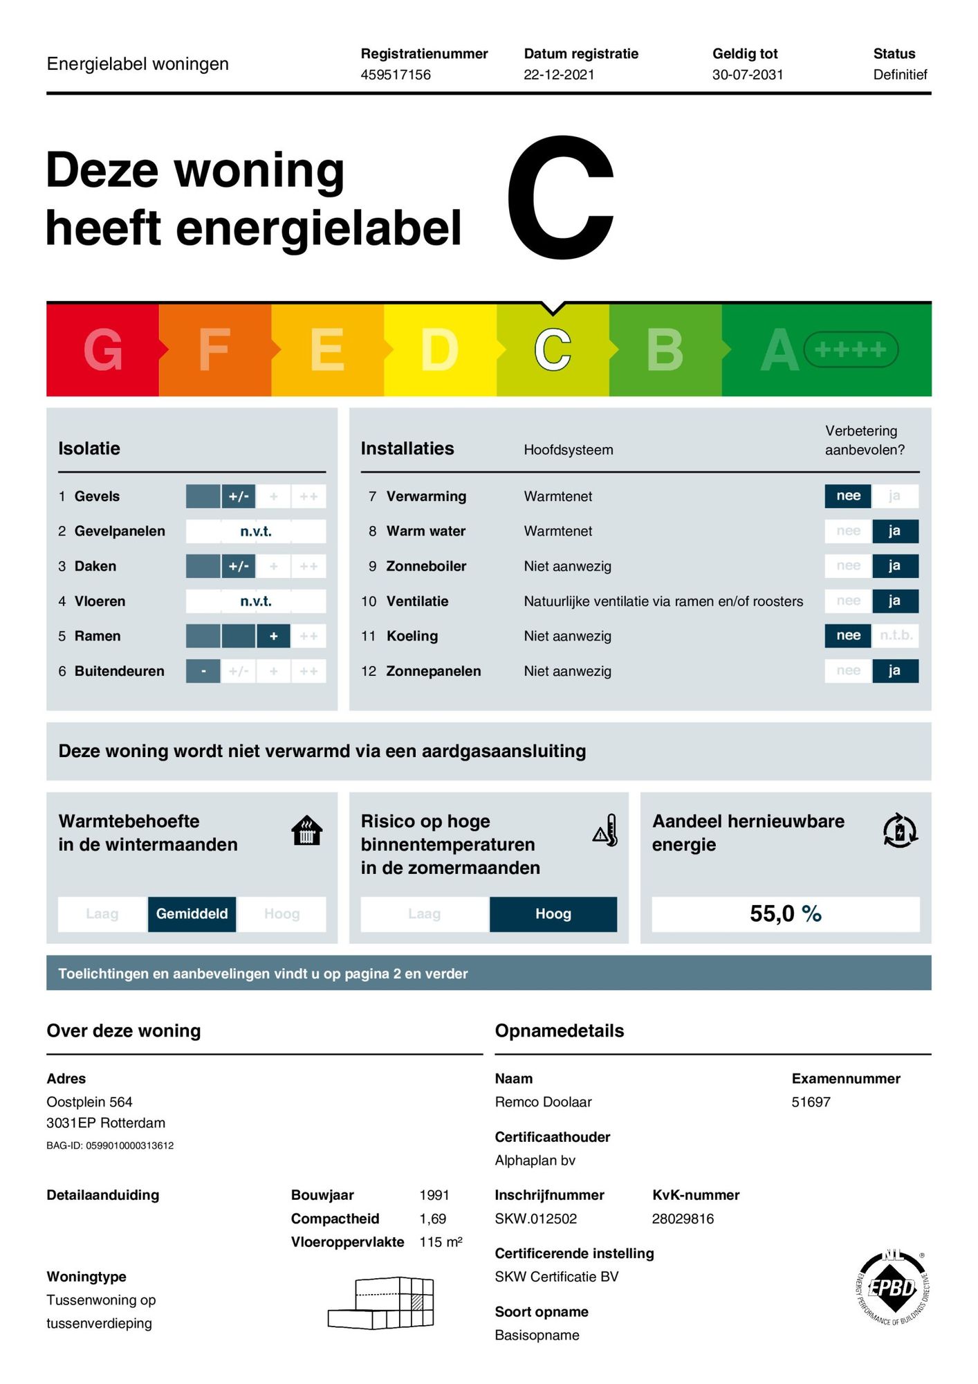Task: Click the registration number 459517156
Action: pos(396,75)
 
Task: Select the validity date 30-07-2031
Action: pos(748,75)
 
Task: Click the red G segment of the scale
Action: pos(102,350)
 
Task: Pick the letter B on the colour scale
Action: pos(665,350)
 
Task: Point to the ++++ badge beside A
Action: pos(851,349)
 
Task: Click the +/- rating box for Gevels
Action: pos(239,496)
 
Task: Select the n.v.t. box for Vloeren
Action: pos(256,601)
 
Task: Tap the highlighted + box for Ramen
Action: pos(274,636)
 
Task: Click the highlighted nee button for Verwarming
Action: pos(848,496)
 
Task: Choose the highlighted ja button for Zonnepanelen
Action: pos(895,671)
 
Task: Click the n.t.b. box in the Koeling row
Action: pos(896,635)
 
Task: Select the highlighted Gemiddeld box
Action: pos(192,913)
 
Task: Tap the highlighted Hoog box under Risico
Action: pos(553,914)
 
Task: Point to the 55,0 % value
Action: pos(786,914)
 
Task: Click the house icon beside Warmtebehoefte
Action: pos(307,830)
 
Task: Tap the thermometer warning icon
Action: pos(606,830)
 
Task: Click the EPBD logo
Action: pos(893,1288)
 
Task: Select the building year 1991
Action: pos(434,1195)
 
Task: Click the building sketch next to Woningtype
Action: pos(382,1303)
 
